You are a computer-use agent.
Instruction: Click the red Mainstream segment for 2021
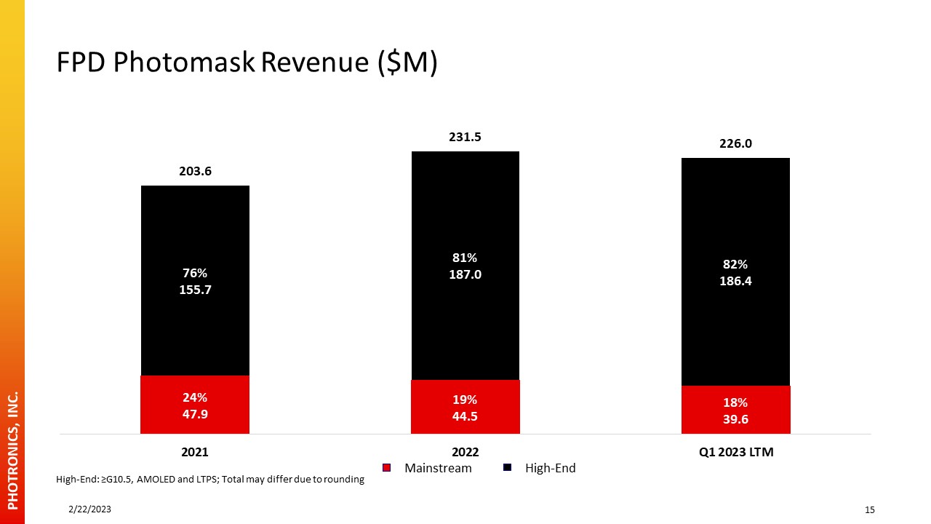point(195,405)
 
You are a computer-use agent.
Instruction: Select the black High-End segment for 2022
point(465,266)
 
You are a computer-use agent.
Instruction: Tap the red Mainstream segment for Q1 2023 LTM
point(735,410)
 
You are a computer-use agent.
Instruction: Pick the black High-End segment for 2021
point(196,281)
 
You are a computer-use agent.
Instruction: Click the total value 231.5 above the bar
point(465,137)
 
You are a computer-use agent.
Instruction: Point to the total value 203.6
point(196,171)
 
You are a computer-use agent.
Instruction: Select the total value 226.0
point(735,143)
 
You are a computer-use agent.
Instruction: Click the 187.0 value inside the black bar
point(465,274)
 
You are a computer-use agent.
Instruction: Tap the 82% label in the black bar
point(735,264)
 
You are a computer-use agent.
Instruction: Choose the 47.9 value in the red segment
point(195,414)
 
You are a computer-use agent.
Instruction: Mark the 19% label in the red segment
point(465,400)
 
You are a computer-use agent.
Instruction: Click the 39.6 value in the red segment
point(735,419)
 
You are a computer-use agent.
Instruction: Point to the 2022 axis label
point(465,452)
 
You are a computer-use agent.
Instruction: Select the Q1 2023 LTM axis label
point(736,452)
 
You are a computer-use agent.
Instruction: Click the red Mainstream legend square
point(386,468)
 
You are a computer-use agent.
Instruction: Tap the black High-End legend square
point(507,467)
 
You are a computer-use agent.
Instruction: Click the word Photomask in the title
point(184,63)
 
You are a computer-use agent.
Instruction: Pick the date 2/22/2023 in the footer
point(89,509)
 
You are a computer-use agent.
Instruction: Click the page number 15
point(869,510)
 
